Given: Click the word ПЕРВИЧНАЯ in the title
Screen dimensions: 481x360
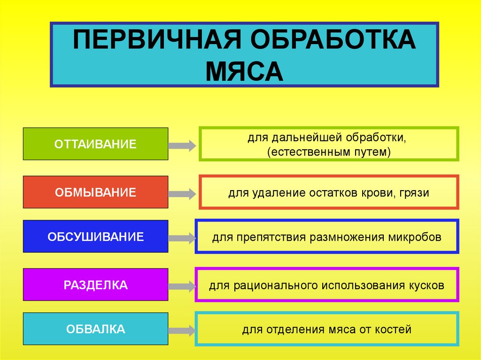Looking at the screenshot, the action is coord(157,39).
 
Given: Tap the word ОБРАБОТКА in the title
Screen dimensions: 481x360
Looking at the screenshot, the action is coord(334,39).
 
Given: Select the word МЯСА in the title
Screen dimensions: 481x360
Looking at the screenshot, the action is coord(244,72).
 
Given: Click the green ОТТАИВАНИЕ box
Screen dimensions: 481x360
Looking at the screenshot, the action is coord(95,144).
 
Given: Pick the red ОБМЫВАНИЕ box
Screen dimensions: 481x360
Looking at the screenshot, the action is coord(95,192).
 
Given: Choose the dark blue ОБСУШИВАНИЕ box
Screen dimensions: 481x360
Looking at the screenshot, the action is coord(95,237).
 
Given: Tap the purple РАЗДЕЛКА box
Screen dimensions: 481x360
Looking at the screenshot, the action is coord(95,285).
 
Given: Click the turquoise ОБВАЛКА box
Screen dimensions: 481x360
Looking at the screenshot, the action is coord(95,329).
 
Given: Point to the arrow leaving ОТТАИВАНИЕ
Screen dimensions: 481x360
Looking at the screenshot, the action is coord(182,146).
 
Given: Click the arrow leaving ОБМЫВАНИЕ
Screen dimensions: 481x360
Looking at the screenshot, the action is coord(182,194).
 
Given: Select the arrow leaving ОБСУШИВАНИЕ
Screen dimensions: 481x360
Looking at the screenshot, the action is coord(182,238).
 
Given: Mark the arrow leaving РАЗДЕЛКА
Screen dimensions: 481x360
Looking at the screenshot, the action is coord(182,287).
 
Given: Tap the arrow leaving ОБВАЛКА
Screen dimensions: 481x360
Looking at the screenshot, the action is coord(182,331).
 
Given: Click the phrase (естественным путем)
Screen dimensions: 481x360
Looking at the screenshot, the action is coord(329,152).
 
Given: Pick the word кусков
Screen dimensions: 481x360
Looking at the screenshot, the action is coord(427,285).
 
